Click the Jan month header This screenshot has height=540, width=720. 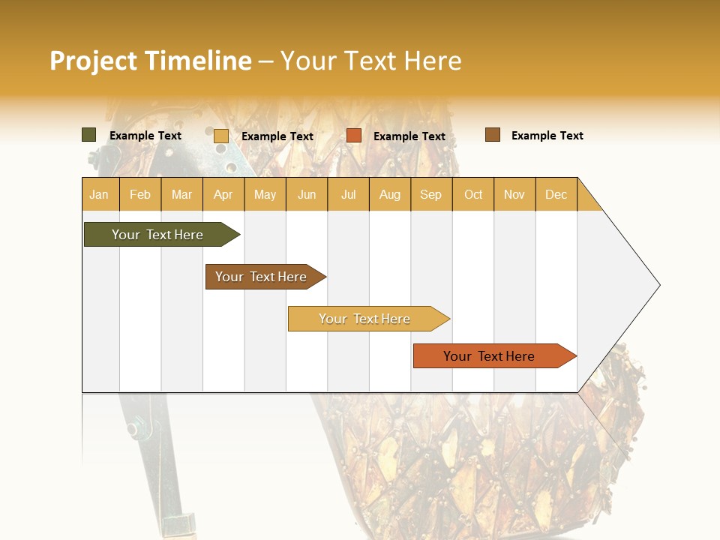[x=100, y=194]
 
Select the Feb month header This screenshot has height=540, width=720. [x=140, y=194]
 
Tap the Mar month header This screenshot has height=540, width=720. [x=181, y=194]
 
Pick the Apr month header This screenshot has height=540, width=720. [x=223, y=194]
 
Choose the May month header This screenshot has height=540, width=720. [x=265, y=194]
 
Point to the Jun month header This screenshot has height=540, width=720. [x=307, y=194]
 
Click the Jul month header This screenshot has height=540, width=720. [x=348, y=194]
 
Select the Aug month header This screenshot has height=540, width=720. [x=390, y=194]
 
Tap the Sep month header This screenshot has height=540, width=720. [x=431, y=194]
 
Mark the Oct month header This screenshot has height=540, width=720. [x=473, y=194]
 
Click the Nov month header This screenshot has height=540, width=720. [x=514, y=194]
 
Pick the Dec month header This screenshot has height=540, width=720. [x=556, y=194]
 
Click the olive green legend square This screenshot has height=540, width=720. [x=89, y=135]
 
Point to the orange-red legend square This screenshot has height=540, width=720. [x=354, y=136]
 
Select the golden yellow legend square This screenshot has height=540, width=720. [x=221, y=136]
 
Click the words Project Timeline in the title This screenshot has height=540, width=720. [x=151, y=61]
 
